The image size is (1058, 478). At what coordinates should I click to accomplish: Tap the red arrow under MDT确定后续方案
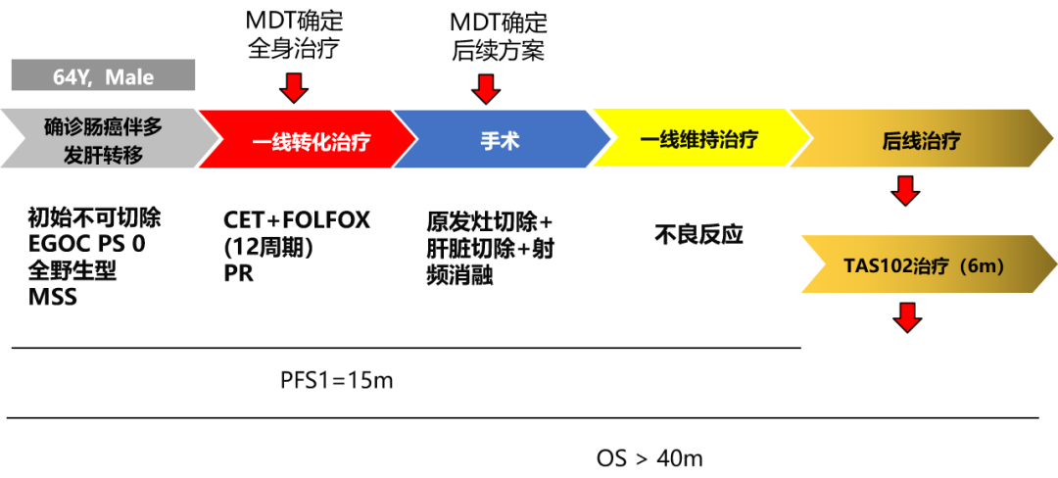485,90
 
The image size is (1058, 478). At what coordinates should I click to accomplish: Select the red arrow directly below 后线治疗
906,190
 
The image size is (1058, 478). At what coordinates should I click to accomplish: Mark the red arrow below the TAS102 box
906,316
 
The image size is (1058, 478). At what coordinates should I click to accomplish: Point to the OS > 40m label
649,457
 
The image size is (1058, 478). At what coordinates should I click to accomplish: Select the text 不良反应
698,235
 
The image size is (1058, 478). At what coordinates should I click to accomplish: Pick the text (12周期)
267,247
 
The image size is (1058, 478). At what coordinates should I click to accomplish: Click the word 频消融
459,276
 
